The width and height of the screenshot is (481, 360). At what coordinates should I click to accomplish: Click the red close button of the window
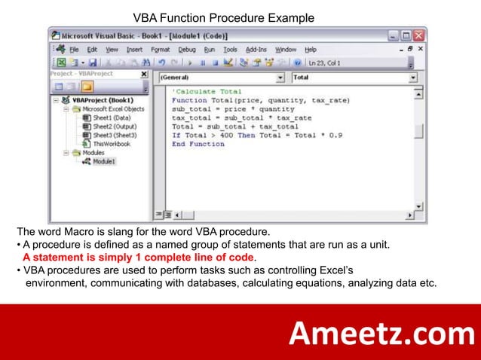pyautogui.click(x=419, y=35)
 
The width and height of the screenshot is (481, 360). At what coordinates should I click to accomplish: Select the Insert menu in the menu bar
pyautogui.click(x=134, y=50)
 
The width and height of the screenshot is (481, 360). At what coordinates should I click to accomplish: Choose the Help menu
pyautogui.click(x=310, y=50)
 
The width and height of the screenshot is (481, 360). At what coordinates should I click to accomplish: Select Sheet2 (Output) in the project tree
pyautogui.click(x=110, y=127)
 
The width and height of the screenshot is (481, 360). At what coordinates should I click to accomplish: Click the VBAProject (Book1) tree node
pyautogui.click(x=103, y=100)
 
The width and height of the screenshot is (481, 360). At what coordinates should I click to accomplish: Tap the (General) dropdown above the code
pyautogui.click(x=220, y=78)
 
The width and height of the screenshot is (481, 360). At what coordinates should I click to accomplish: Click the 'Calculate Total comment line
pyautogui.click(x=207, y=91)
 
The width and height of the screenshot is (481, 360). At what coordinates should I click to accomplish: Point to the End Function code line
pyautogui.click(x=198, y=144)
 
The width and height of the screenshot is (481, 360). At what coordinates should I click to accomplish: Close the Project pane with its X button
pyautogui.click(x=144, y=75)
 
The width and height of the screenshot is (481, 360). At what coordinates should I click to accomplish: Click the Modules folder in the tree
pyautogui.click(x=93, y=152)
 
